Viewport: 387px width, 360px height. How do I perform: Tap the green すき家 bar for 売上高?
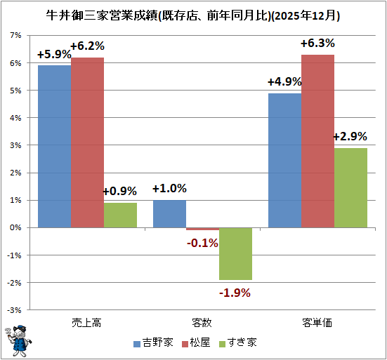point(120,215)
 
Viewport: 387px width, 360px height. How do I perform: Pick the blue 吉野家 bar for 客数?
point(169,213)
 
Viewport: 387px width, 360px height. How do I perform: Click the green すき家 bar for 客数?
point(235,253)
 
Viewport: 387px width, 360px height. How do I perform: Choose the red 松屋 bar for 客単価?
point(317,140)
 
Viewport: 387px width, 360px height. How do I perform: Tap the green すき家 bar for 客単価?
point(350,187)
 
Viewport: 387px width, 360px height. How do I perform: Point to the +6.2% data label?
point(87,46)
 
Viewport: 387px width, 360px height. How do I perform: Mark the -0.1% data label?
point(202,243)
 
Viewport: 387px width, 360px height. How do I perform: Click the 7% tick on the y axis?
point(15,35)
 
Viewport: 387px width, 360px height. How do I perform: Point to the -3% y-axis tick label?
point(14,309)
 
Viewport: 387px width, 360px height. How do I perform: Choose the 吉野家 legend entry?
point(154,343)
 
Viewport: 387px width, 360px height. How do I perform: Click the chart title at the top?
point(193,14)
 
